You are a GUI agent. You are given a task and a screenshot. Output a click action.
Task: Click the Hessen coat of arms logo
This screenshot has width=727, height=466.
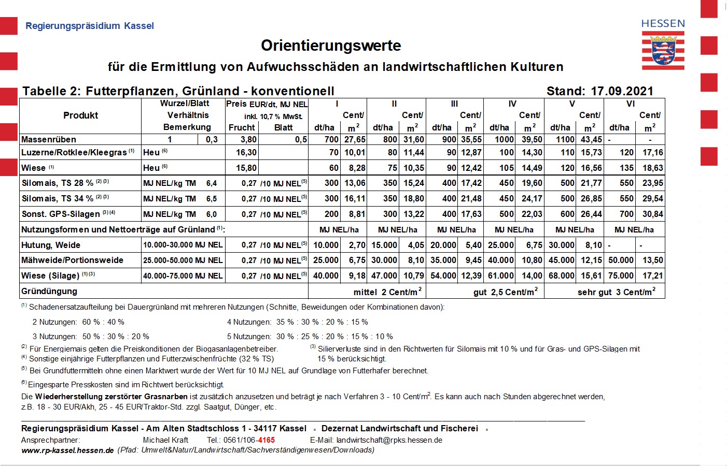pos(663,50)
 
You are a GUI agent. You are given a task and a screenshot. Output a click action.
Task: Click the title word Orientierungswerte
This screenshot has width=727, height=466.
pos(331,46)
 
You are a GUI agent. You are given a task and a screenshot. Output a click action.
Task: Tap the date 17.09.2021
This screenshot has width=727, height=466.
pos(622,91)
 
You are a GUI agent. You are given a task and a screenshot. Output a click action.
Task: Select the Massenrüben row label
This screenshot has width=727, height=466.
pos(49,139)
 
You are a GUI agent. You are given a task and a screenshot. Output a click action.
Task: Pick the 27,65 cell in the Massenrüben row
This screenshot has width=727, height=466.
pos(355,139)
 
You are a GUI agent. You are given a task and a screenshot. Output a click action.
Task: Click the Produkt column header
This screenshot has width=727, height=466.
pos(80,115)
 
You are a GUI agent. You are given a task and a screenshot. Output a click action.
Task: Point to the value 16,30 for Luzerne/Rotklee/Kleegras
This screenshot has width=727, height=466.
pos(246,152)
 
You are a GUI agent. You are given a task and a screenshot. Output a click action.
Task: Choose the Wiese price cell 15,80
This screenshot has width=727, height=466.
pos(246,168)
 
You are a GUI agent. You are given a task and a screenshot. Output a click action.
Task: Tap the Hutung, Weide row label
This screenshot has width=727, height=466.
pos(51,245)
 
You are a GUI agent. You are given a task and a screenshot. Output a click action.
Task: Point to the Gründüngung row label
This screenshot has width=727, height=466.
pos(49,291)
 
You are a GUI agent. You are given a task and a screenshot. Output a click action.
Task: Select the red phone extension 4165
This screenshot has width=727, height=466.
pos(267,440)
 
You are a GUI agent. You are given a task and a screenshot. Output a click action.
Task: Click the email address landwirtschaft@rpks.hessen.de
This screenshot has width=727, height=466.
pos(389,440)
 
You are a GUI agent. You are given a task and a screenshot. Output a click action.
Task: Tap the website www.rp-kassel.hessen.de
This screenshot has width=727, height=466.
pos(67,450)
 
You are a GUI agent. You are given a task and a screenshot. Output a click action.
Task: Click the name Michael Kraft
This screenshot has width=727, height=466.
pos(165,440)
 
